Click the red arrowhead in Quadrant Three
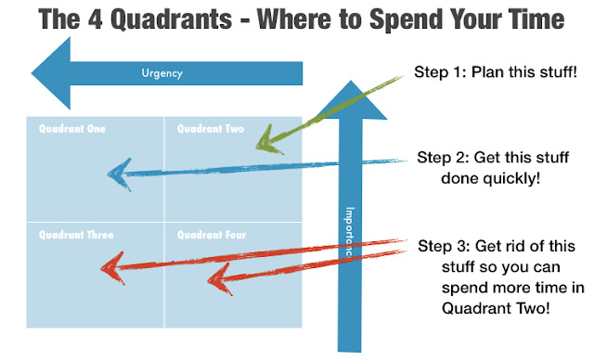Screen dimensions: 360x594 point(109,269)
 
